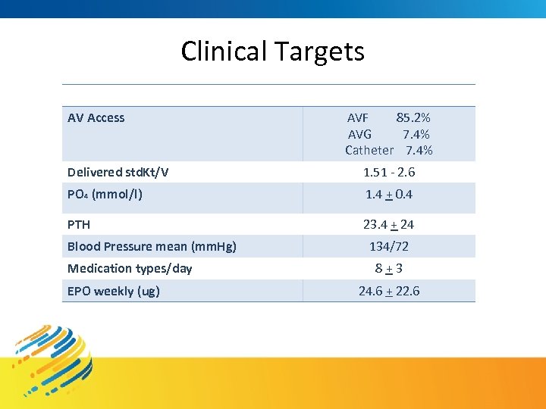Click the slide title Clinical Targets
pyautogui.click(x=272, y=52)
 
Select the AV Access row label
pyautogui.click(x=96, y=118)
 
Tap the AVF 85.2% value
pyautogui.click(x=388, y=118)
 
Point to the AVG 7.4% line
pyautogui.click(x=388, y=134)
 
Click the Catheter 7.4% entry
pyautogui.click(x=388, y=150)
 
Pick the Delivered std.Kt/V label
pyautogui.click(x=118, y=173)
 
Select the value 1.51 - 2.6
pyautogui.click(x=389, y=173)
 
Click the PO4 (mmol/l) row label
pyautogui.click(x=105, y=195)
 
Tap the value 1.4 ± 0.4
pyautogui.click(x=389, y=195)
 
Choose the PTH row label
pyautogui.click(x=79, y=225)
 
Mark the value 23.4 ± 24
pyautogui.click(x=389, y=225)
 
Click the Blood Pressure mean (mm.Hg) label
pyautogui.click(x=152, y=246)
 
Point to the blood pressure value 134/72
pyautogui.click(x=389, y=246)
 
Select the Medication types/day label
pyautogui.click(x=130, y=269)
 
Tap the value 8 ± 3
pyautogui.click(x=389, y=269)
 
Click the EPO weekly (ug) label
pyautogui.click(x=113, y=292)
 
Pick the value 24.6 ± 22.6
pyautogui.click(x=389, y=292)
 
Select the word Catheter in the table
pyautogui.click(x=369, y=150)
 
